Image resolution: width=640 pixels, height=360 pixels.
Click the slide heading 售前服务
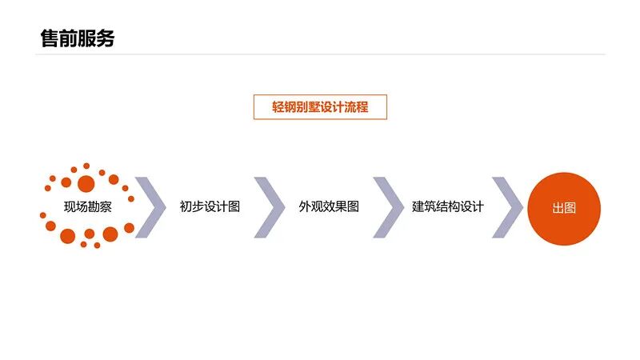[77, 38]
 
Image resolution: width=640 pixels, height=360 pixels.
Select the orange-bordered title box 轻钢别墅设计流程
[320, 107]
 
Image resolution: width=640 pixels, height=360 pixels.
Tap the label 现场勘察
[88, 206]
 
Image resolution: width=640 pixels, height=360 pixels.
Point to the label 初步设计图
[210, 206]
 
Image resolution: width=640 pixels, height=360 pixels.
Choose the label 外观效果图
[329, 206]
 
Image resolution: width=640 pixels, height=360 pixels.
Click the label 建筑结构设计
[448, 206]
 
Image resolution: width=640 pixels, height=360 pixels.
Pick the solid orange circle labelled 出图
[564, 208]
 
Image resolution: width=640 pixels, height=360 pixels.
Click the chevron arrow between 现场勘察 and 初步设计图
[150, 207]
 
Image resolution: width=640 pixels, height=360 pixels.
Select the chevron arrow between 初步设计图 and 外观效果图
[270, 207]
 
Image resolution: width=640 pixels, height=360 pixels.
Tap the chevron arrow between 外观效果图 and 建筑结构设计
[388, 207]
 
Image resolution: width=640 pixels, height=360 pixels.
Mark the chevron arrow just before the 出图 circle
[507, 207]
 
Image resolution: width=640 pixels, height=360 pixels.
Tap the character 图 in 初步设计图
[234, 206]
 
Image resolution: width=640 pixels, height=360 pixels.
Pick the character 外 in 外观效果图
[305, 206]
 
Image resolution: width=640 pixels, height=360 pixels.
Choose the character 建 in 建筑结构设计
[418, 206]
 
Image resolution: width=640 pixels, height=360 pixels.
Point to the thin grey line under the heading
[320, 54]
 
